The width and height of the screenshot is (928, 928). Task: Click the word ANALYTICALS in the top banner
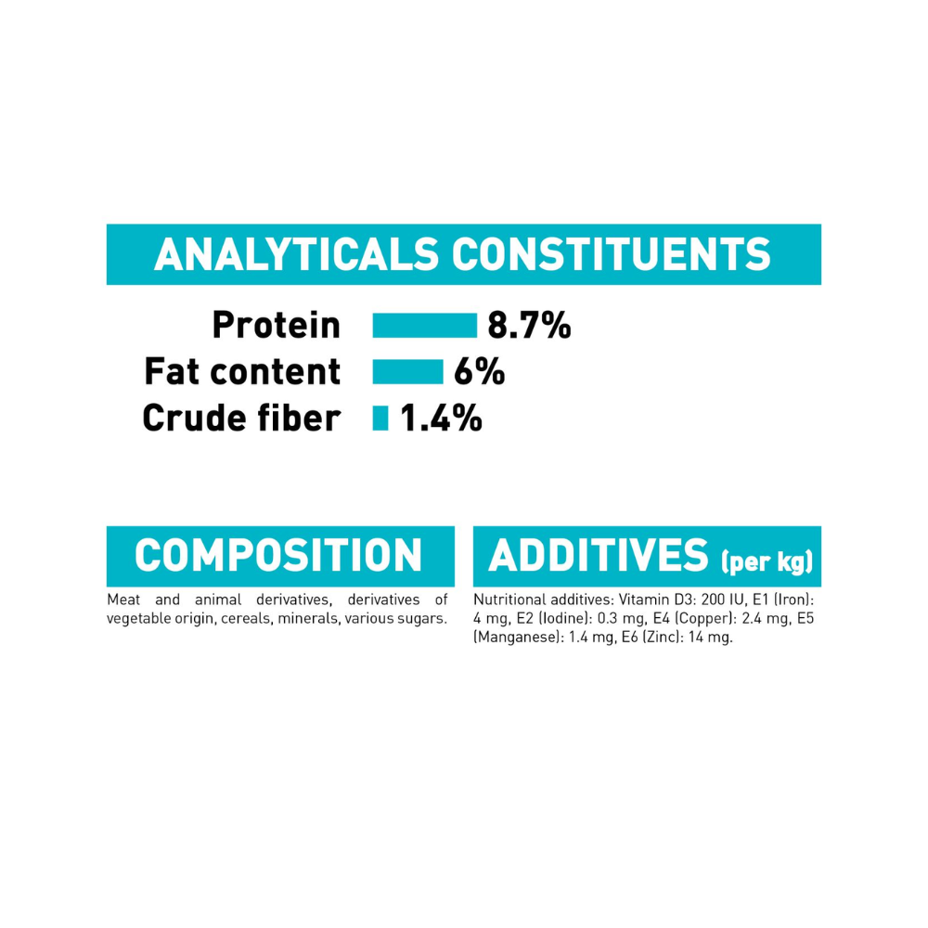297,254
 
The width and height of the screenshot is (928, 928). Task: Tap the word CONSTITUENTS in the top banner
612,254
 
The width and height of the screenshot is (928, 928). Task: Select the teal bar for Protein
424,326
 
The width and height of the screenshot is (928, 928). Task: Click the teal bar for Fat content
407,372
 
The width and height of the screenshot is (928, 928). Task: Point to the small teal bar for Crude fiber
380,418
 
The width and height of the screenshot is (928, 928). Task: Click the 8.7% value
529,326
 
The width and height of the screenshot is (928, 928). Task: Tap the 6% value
480,372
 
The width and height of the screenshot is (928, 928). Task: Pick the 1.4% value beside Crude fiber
441,418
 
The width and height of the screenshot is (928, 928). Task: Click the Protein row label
277,326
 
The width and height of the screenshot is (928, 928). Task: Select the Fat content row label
242,372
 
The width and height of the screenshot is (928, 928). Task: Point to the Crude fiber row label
241,418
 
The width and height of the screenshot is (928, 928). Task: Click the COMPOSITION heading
278,555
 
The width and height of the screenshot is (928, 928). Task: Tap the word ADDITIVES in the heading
598,555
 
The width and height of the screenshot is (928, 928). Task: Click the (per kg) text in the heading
767,561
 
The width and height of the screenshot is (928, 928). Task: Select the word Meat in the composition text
123,599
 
